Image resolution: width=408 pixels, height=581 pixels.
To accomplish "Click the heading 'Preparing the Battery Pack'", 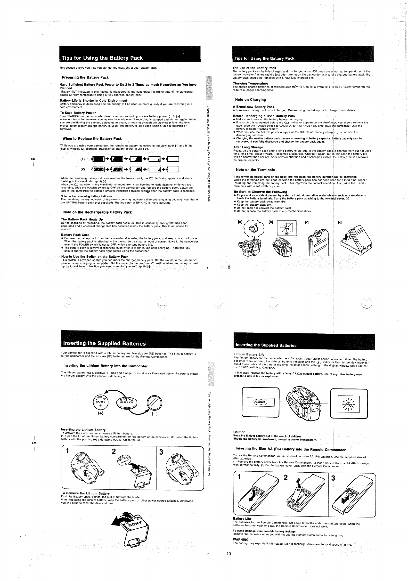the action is (x=85, y=77).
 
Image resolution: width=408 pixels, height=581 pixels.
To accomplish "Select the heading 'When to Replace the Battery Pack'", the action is (x=92, y=139).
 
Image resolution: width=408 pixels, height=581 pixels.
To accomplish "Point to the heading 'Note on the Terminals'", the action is (x=255, y=170).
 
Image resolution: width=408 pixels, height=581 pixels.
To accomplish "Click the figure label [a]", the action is (x=240, y=222).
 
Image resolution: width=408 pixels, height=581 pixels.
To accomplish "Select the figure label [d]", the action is (x=340, y=222).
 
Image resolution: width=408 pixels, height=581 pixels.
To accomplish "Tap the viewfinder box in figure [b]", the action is (x=287, y=228).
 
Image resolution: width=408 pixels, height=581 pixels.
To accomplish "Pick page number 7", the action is (x=208, y=267).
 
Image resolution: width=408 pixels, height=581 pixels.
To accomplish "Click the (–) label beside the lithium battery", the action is (x=154, y=414).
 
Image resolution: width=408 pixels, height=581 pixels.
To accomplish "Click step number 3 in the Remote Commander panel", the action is (x=333, y=478).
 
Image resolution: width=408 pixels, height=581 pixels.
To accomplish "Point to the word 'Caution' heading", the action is (x=239, y=432).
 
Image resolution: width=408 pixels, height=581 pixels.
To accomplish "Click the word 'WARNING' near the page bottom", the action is (x=241, y=539).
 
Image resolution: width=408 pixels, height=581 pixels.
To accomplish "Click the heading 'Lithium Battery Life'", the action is (x=249, y=355).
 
